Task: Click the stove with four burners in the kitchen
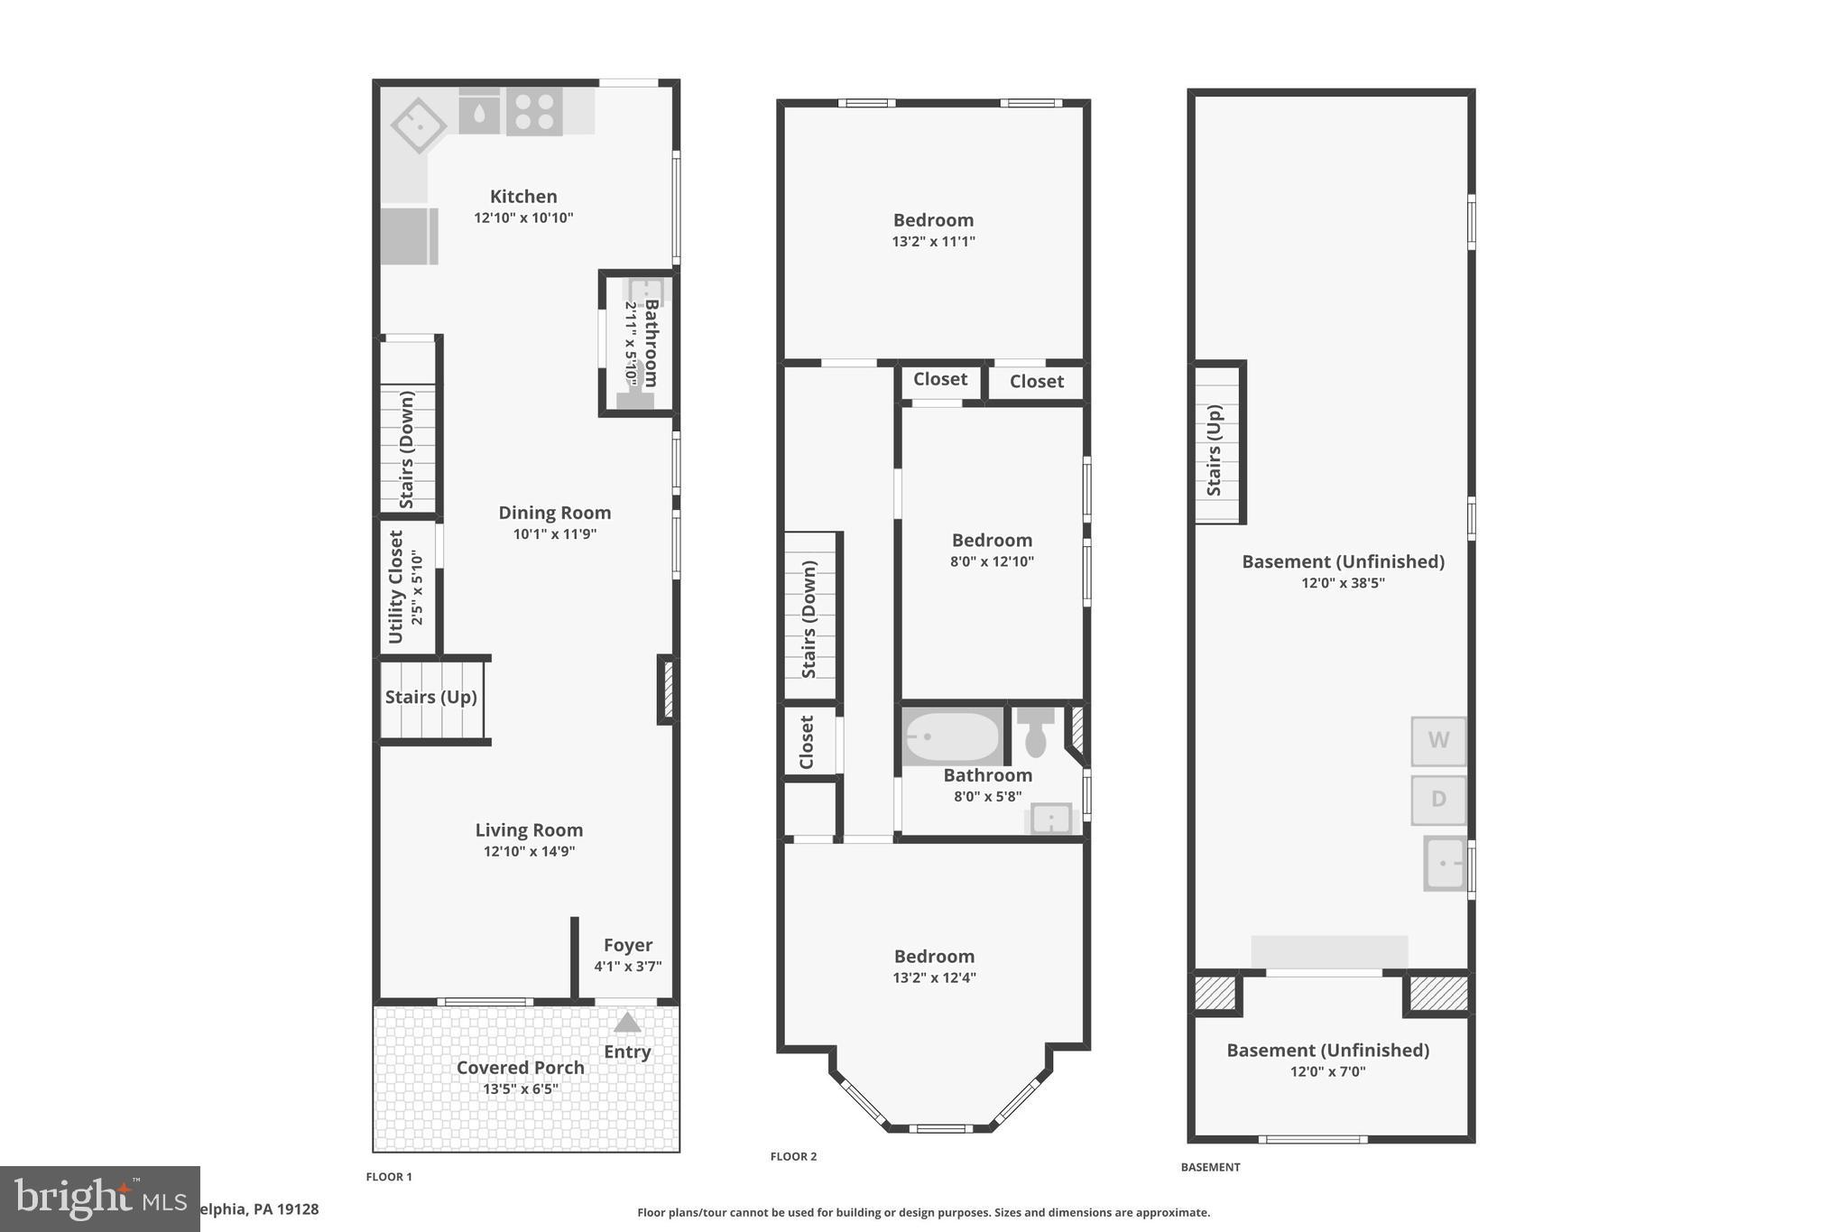(534, 112)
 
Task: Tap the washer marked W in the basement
(1438, 740)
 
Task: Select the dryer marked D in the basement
(1438, 800)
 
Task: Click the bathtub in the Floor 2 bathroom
(952, 736)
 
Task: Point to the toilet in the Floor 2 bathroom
(1036, 732)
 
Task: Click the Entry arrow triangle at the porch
(627, 1023)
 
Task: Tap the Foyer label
(628, 945)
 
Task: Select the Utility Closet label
(395, 587)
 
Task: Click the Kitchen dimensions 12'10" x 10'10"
(523, 218)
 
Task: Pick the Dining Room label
(555, 513)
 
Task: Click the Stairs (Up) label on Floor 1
(431, 697)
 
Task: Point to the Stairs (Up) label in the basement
(1214, 449)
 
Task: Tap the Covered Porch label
(521, 1068)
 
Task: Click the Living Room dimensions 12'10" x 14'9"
(529, 851)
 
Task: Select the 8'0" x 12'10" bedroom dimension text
(992, 561)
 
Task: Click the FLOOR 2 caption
(793, 1156)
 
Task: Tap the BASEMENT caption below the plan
(1210, 1167)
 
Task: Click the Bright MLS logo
(99, 1199)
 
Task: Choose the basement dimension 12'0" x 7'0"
(1327, 1072)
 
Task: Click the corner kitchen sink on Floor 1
(419, 125)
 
